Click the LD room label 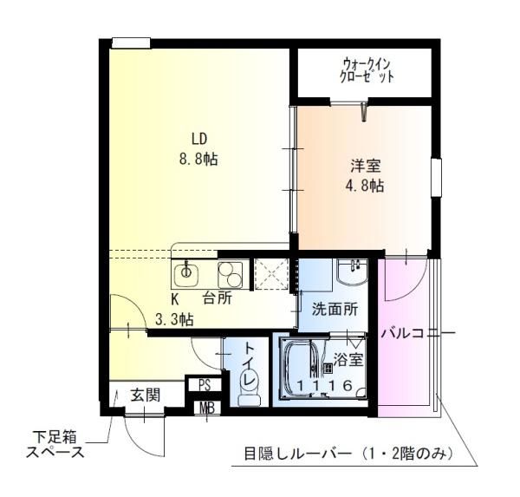click(x=199, y=139)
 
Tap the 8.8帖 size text click(x=198, y=160)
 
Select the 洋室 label click(x=366, y=167)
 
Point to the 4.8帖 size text click(x=365, y=186)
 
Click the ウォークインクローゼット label click(x=367, y=70)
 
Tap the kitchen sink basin click(x=185, y=274)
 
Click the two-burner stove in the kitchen click(x=230, y=275)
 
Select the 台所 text click(x=218, y=298)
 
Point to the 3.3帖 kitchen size click(x=175, y=320)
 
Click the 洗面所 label click(x=335, y=310)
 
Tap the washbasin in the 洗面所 click(x=352, y=272)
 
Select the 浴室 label click(x=348, y=360)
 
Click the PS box click(x=205, y=385)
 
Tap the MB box click(x=207, y=408)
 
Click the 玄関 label click(x=146, y=395)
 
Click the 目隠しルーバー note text click(x=348, y=453)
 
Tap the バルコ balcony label click(x=402, y=333)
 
